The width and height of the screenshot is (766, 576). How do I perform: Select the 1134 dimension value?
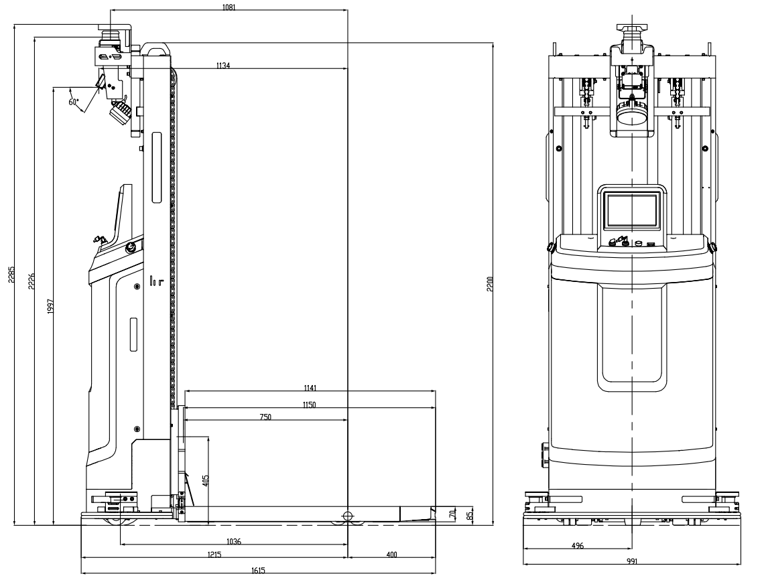pyautogui.click(x=222, y=66)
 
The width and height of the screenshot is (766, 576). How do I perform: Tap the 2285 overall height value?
pyautogui.click(x=11, y=275)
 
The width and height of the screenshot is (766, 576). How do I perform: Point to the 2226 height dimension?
pyautogui.click(x=31, y=281)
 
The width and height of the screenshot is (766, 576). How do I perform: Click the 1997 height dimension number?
pyautogui.click(x=50, y=306)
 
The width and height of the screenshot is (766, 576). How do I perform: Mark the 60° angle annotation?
pyautogui.click(x=74, y=102)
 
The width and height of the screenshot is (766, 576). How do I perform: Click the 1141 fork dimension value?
pyautogui.click(x=310, y=388)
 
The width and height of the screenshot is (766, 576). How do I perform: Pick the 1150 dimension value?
pyautogui.click(x=309, y=405)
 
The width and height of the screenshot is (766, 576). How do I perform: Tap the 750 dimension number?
pyautogui.click(x=265, y=417)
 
